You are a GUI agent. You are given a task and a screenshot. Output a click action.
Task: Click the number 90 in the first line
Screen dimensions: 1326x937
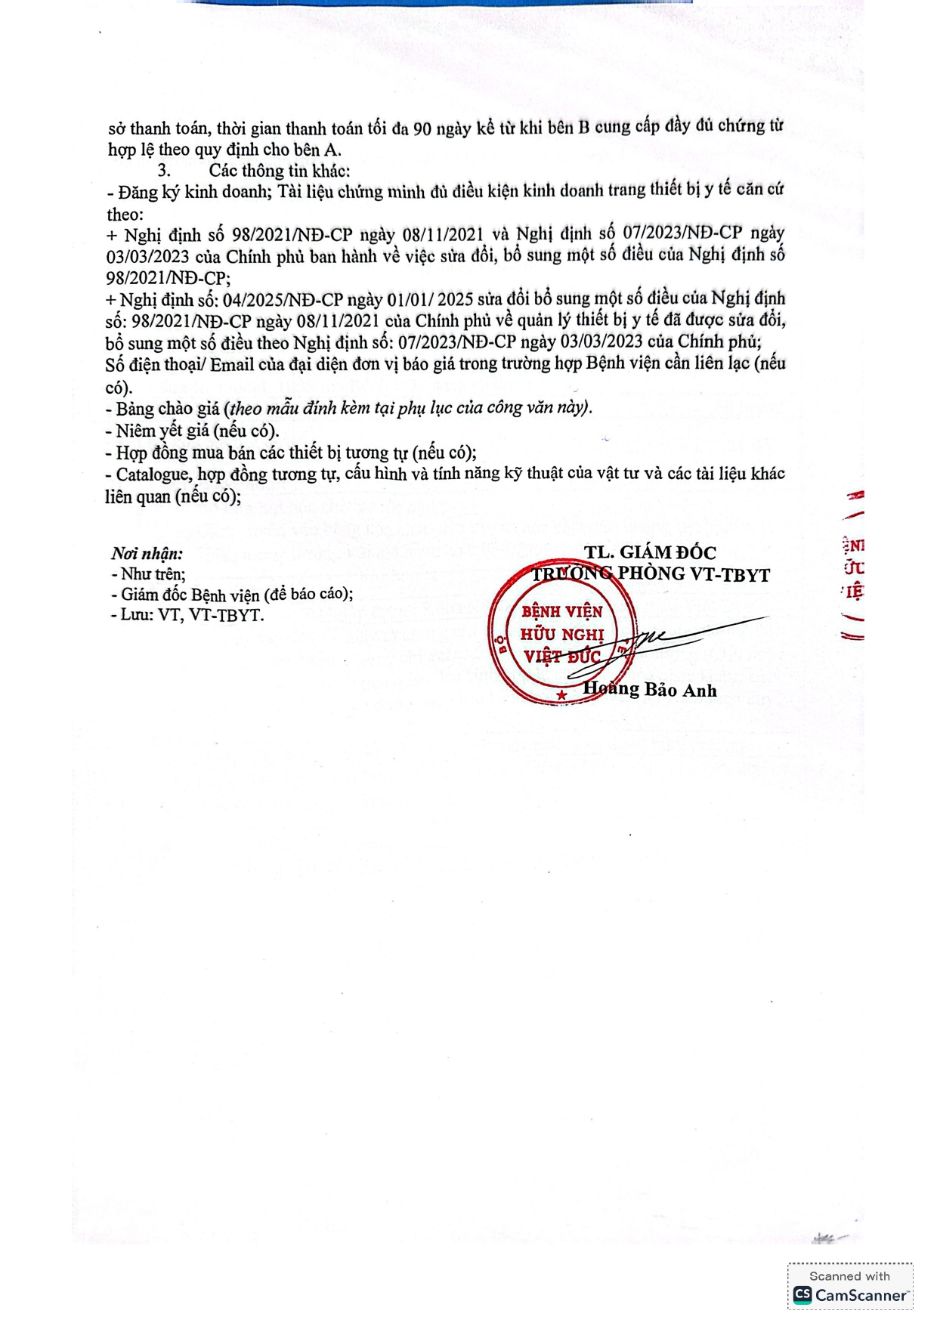coord(422,128)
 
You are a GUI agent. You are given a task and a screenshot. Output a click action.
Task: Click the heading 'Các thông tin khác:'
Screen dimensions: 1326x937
coord(280,171)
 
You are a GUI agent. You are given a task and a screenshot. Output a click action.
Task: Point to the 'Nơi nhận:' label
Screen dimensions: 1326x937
coord(147,553)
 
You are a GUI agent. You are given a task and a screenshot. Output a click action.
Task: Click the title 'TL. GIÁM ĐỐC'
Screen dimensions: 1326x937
coord(649,552)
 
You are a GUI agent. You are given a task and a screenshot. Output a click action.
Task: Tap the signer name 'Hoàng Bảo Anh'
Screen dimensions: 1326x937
coord(649,689)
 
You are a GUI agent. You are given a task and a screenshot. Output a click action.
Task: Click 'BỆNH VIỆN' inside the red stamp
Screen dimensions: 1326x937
coord(562,611)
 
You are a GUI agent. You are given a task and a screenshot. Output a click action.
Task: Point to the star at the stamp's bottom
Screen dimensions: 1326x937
coord(561,694)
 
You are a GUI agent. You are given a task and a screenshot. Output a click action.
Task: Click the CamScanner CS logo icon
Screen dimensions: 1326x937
coord(802,1295)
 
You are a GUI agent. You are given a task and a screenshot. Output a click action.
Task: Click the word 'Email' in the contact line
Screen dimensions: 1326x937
coord(232,365)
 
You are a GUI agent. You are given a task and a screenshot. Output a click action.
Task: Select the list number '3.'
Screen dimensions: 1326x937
coord(164,171)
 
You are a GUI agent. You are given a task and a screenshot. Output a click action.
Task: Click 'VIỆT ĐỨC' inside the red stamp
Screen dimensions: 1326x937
coord(562,656)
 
